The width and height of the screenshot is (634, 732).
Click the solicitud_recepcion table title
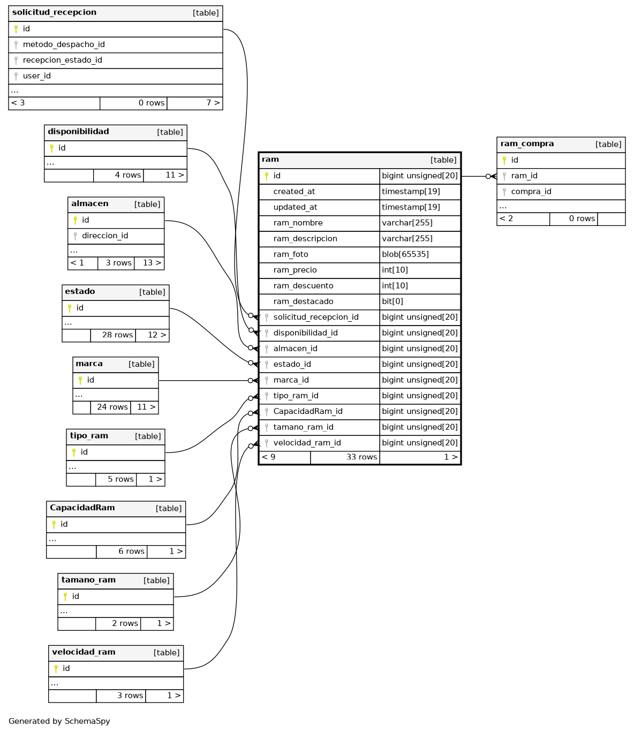(54, 12)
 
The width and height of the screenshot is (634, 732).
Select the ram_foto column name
(291, 254)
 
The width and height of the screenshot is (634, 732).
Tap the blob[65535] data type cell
(405, 254)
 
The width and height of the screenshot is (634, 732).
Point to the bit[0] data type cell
(393, 301)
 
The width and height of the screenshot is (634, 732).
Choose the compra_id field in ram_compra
(531, 192)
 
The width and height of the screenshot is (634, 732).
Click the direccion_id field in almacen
(105, 236)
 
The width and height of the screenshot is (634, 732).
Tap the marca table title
(89, 364)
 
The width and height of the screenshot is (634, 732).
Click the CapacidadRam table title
(82, 508)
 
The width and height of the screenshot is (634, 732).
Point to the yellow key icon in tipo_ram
(74, 452)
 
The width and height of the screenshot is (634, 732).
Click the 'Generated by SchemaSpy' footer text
(59, 721)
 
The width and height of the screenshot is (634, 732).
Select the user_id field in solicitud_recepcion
(36, 76)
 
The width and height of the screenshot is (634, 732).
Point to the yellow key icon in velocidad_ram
(56, 669)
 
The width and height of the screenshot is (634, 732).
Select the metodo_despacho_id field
(64, 44)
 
